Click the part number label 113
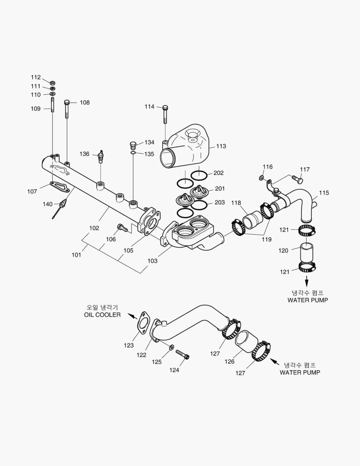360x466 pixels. click(221, 146)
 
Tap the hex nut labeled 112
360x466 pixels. click(52, 82)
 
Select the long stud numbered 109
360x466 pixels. click(52, 106)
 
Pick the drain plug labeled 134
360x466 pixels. click(133, 144)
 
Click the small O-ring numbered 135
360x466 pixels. click(133, 153)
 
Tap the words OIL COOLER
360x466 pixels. click(102, 315)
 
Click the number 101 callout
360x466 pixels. click(76, 255)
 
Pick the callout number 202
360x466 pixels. click(219, 173)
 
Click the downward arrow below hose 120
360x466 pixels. click(307, 281)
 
